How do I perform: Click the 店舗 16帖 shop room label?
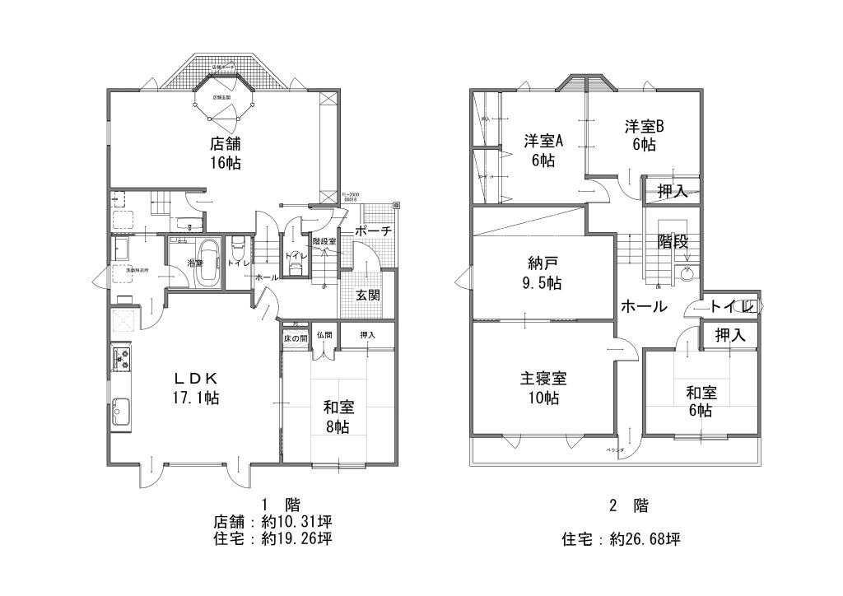(225, 152)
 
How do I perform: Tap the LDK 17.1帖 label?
(195, 388)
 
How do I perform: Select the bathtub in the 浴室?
(208, 263)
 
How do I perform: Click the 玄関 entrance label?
(367, 295)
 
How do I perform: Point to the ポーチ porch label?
(372, 231)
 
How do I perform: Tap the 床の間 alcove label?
(296, 337)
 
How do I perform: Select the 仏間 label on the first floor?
(324, 335)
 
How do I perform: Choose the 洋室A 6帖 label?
(543, 150)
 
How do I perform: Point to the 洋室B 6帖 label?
(644, 135)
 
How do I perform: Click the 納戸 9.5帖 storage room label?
(544, 273)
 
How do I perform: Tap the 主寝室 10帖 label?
(543, 389)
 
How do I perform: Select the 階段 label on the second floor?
(673, 242)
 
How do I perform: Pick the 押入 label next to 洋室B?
(673, 192)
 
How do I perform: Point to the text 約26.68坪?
(645, 540)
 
